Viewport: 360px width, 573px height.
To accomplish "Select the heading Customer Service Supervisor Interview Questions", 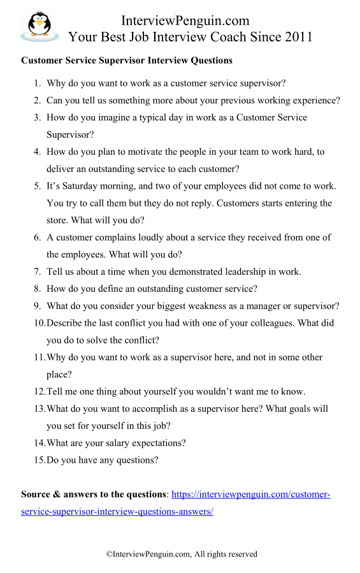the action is tap(127, 61).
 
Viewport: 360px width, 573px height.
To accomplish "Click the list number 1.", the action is tap(37, 83).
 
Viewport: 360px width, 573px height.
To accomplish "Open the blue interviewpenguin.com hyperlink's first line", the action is tap(251, 495).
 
